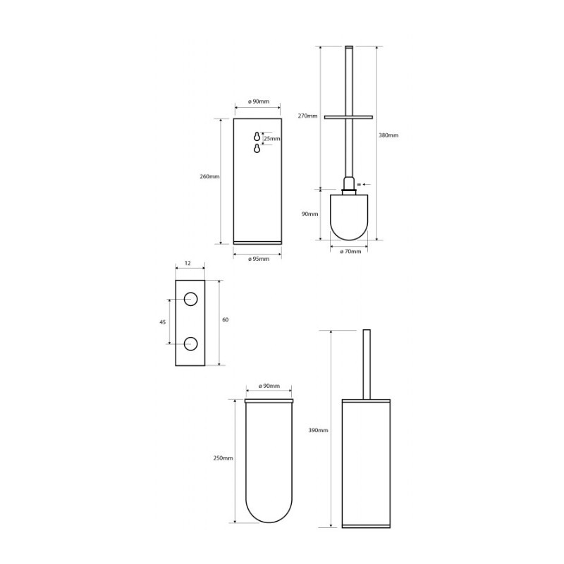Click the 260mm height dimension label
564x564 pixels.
209,177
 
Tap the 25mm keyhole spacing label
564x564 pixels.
272,138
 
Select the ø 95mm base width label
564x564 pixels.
258,259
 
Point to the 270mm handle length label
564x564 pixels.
307,116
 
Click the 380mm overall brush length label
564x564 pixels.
388,135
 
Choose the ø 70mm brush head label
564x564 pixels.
350,252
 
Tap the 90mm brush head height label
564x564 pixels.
309,214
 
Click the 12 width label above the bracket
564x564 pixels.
188,263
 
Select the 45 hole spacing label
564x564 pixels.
163,322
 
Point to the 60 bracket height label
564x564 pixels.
225,320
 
